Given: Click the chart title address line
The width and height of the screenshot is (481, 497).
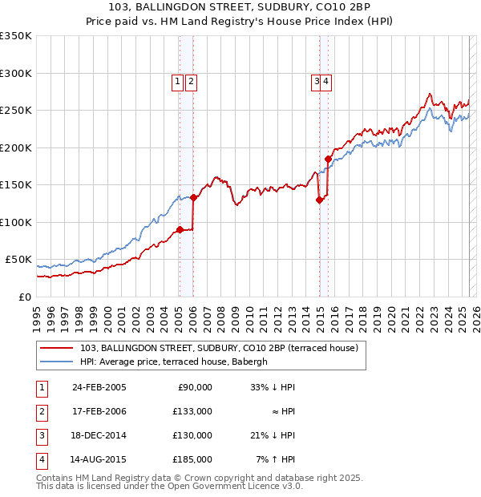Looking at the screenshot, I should (x=240, y=7).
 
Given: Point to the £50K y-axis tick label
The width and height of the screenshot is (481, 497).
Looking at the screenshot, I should (x=18, y=260).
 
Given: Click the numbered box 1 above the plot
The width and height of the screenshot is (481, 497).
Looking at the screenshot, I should (x=177, y=80).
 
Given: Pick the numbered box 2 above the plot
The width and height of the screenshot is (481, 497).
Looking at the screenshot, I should (x=192, y=80).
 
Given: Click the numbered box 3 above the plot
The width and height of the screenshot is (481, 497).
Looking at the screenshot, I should (x=317, y=80).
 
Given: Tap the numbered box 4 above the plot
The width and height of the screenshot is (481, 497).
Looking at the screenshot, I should (x=327, y=80).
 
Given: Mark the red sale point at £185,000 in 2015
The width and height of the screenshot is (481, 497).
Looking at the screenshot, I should (x=328, y=159).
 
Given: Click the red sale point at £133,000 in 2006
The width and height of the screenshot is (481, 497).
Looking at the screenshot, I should (x=193, y=197).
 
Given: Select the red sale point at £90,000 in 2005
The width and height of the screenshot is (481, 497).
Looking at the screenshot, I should (x=180, y=229).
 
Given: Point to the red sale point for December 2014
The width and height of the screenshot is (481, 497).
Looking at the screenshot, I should (x=319, y=200).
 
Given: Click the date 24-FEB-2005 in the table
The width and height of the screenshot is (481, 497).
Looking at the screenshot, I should (x=99, y=386).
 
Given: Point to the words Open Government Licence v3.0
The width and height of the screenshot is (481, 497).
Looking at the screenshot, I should (x=229, y=486).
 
